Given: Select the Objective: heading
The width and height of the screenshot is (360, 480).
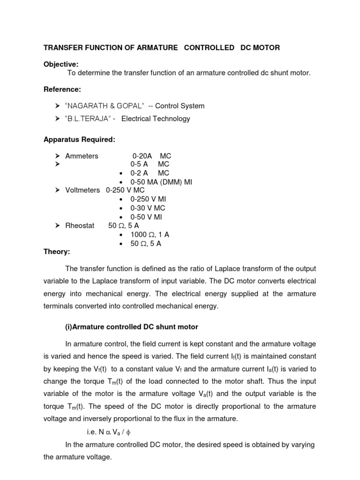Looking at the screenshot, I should pos(61,64).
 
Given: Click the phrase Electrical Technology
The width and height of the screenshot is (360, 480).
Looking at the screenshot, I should pos(156,119).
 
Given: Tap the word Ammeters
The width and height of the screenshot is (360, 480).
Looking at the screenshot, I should pos(82,156).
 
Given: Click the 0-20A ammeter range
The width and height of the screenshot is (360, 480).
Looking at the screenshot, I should pos(142,156).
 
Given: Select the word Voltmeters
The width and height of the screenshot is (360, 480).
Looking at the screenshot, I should pos(82,190).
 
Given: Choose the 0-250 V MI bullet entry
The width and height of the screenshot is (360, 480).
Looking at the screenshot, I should pos(148,199).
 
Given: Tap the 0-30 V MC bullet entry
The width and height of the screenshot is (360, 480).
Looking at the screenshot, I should pos(147,208).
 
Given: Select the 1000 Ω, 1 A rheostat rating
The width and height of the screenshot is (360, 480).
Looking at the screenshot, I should pos(150,235).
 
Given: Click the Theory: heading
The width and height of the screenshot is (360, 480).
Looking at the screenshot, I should pos(57,252).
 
